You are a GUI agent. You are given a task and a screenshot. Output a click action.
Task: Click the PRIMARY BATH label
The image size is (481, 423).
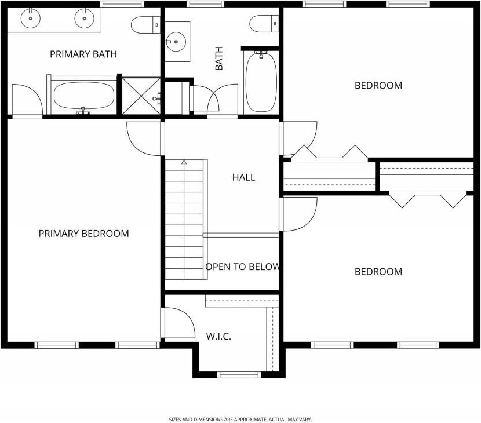83,54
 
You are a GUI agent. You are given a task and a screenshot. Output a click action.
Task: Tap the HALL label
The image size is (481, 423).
243,177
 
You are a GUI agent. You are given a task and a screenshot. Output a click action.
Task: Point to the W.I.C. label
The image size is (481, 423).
218,337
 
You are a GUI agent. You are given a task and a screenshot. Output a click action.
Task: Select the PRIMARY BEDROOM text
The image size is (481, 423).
84,234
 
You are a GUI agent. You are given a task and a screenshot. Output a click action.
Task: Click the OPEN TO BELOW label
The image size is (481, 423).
242,267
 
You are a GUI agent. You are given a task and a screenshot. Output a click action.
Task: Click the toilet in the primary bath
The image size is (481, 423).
145,25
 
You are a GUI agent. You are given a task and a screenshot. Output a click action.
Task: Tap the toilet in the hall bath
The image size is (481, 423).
264,24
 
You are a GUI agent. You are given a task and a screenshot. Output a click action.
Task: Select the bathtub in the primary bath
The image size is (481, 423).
84,95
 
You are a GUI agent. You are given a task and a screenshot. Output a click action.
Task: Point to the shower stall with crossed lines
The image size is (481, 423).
141,96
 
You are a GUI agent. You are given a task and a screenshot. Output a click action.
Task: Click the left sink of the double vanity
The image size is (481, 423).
30,19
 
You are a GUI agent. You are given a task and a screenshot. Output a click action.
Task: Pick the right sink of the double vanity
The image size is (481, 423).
85,19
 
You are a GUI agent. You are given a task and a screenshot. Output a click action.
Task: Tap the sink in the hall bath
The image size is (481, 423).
176,42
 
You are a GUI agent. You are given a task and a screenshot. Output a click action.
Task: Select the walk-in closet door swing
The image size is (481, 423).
178,323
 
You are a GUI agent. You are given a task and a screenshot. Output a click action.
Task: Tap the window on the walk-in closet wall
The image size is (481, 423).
239,374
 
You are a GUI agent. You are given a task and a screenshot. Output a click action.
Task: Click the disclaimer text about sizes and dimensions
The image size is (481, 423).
240,420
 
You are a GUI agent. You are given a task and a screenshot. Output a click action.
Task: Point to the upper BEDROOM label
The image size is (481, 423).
378,85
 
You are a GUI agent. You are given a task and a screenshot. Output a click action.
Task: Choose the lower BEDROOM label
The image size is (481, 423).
378,272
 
